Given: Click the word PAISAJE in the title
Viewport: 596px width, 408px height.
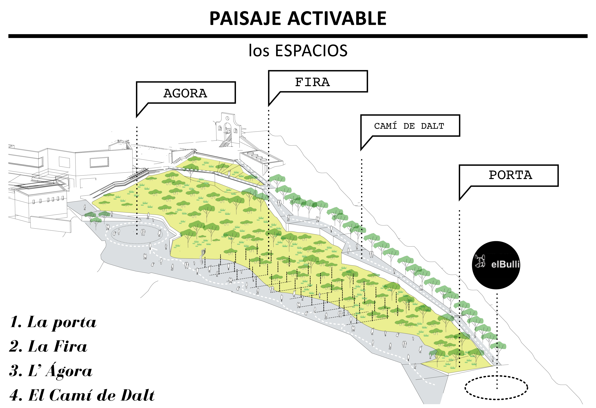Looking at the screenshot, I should pyautogui.click(x=245, y=19).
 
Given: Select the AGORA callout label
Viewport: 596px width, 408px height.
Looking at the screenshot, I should pyautogui.click(x=185, y=93).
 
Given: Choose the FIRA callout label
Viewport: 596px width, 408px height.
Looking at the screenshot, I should pyautogui.click(x=312, y=82).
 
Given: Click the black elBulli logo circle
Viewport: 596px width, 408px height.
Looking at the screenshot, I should pyautogui.click(x=496, y=265).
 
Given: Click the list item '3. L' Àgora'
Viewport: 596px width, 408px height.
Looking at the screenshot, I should pyautogui.click(x=51, y=371).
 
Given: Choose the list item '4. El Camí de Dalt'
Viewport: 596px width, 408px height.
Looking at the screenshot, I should pyautogui.click(x=82, y=395).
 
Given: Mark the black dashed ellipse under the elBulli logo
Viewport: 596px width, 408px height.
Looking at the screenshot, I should pyautogui.click(x=496, y=388).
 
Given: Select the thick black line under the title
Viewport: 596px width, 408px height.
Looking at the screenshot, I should pyautogui.click(x=298, y=36).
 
